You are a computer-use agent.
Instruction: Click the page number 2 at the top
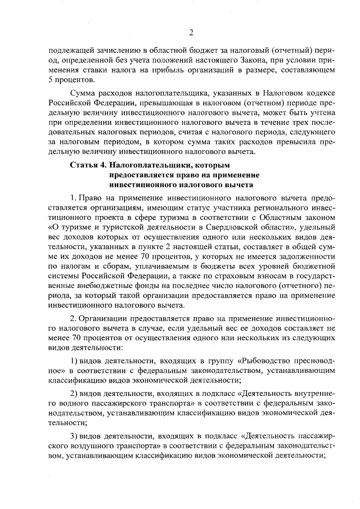(x=191, y=32)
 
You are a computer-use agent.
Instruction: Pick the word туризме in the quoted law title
(x=74, y=227)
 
